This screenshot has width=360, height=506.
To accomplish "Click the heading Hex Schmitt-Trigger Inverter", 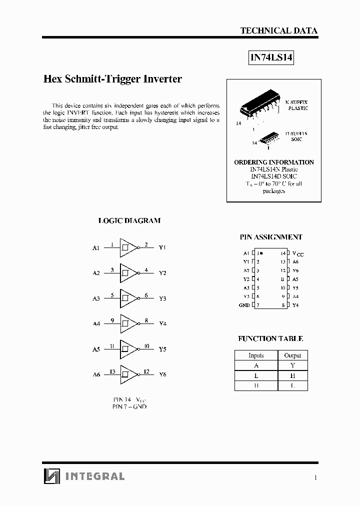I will click(112, 79).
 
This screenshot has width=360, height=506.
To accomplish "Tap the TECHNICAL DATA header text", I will click(278, 30).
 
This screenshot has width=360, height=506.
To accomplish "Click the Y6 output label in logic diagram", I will click(162, 374).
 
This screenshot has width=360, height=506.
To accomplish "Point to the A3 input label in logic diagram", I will click(96, 298).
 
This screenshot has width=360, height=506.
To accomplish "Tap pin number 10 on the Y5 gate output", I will click(146, 345).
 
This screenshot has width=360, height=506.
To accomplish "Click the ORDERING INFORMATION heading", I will click(274, 162).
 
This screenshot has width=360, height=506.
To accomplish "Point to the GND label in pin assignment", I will click(244, 305).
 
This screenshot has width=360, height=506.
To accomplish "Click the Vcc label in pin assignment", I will click(297, 253).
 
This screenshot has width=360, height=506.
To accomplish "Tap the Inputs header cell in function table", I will click(256, 355).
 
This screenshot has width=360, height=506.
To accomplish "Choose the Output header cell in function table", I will click(292, 355).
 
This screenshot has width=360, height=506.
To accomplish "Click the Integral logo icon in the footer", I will click(51, 476).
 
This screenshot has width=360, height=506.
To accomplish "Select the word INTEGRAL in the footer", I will click(95, 476).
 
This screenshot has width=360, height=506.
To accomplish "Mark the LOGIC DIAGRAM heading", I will click(129, 220).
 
